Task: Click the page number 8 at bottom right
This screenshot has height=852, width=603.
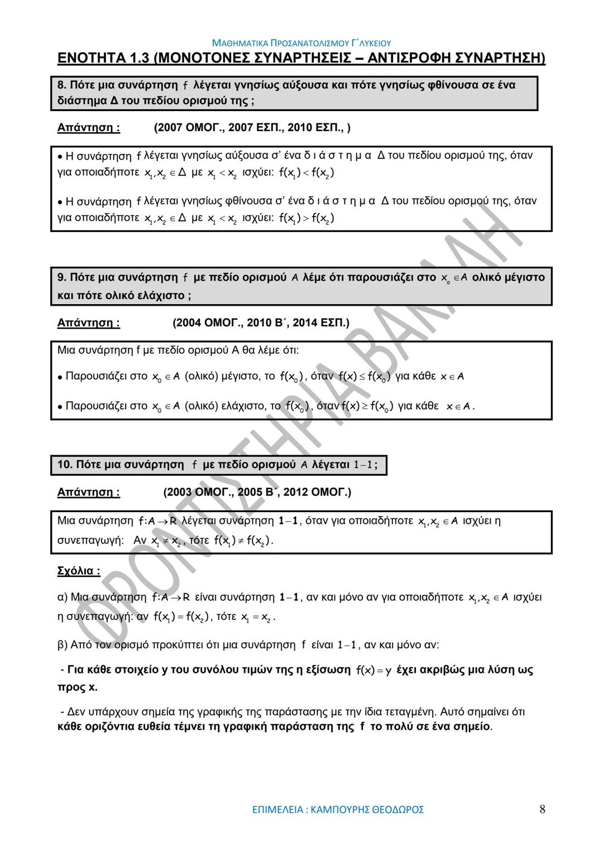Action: [x=542, y=809]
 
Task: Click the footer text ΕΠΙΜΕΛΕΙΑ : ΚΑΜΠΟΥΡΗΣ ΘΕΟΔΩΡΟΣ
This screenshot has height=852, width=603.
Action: [x=338, y=809]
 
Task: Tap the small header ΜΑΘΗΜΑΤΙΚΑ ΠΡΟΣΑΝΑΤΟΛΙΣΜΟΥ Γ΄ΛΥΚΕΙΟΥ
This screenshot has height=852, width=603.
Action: [x=301, y=43]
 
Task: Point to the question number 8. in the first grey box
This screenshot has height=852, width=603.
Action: [x=62, y=85]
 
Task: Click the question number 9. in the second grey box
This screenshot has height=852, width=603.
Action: [x=62, y=277]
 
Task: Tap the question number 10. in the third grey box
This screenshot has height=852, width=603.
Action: [x=65, y=464]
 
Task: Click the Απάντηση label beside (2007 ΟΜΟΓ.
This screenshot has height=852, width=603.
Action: [x=88, y=128]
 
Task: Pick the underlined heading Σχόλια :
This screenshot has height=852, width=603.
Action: [x=79, y=571]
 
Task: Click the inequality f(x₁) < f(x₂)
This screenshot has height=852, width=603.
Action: [x=307, y=173]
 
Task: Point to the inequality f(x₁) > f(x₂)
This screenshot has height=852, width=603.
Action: [x=307, y=218]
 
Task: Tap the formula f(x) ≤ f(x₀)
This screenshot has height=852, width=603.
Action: [x=365, y=377]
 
